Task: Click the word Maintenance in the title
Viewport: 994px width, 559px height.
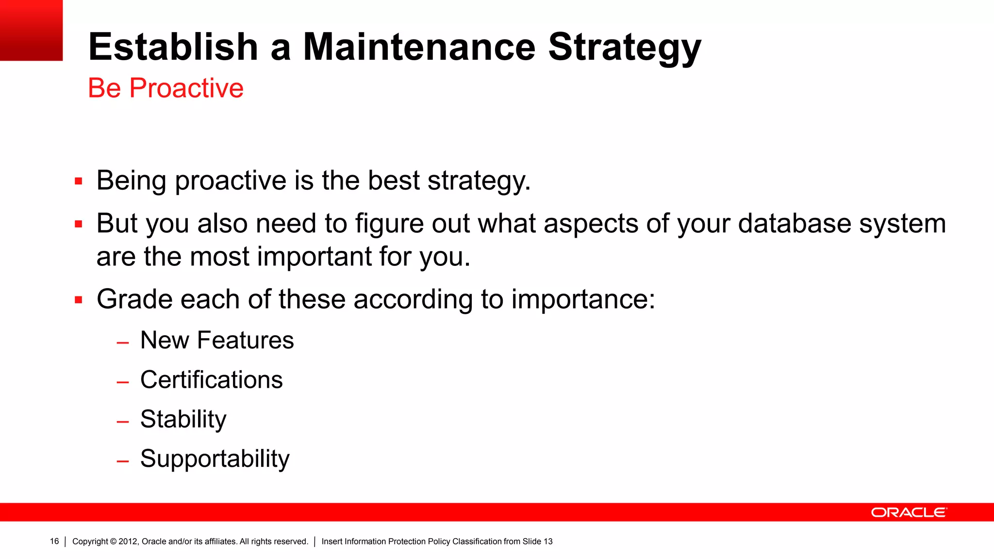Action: pos(419,47)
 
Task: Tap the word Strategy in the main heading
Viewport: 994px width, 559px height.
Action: pos(625,47)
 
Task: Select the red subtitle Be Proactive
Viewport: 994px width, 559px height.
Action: pos(166,88)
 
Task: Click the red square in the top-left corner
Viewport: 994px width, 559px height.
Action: pos(31,30)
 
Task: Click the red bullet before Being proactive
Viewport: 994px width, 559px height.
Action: pos(79,181)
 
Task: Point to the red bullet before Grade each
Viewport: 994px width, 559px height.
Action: pos(79,300)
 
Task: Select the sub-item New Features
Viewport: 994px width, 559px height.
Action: pos(217,340)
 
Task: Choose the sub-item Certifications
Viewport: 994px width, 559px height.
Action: pos(211,379)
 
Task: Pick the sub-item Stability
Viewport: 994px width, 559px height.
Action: pos(183,419)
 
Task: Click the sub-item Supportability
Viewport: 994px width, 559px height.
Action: pos(215,459)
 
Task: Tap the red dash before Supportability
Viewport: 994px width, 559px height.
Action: pos(123,461)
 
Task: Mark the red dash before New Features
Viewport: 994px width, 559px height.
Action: pos(123,343)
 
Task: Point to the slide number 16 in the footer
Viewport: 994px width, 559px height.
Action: pos(54,541)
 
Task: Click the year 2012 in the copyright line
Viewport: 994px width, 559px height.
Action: pos(128,542)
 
